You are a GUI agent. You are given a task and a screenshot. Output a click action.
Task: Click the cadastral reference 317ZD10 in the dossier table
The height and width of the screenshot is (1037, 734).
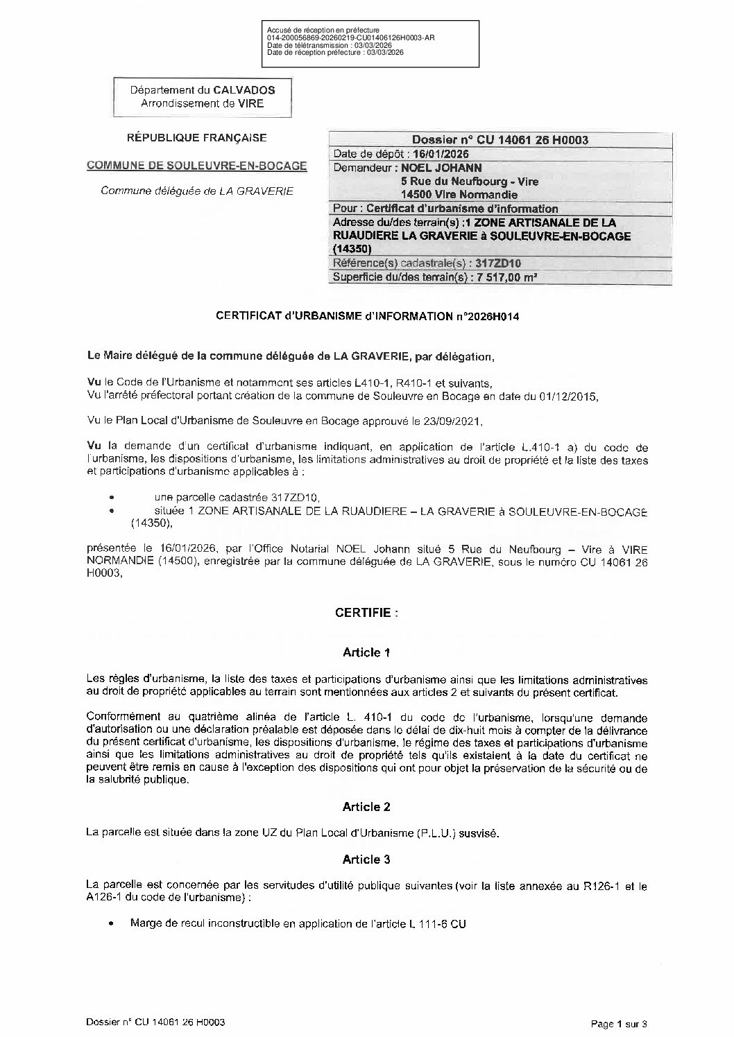pos(496,263)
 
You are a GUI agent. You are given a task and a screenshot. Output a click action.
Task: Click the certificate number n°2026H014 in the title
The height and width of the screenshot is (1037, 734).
pos(488,316)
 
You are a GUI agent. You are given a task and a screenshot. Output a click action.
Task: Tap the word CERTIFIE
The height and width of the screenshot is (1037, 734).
pos(366,613)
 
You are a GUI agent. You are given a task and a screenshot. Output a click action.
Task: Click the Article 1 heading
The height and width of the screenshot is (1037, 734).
pos(366,652)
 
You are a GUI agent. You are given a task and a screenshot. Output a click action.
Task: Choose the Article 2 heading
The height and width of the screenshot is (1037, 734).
pos(366,807)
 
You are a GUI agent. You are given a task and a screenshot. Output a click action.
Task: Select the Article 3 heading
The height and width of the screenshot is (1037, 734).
pos(366,860)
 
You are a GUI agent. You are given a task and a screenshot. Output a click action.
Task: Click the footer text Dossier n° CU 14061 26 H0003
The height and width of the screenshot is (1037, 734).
pos(155,1022)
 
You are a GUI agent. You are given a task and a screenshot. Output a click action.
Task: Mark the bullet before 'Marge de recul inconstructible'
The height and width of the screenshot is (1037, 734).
pos(111,924)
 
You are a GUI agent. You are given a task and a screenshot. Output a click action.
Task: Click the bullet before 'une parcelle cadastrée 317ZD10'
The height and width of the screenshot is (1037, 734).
pos(111,497)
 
